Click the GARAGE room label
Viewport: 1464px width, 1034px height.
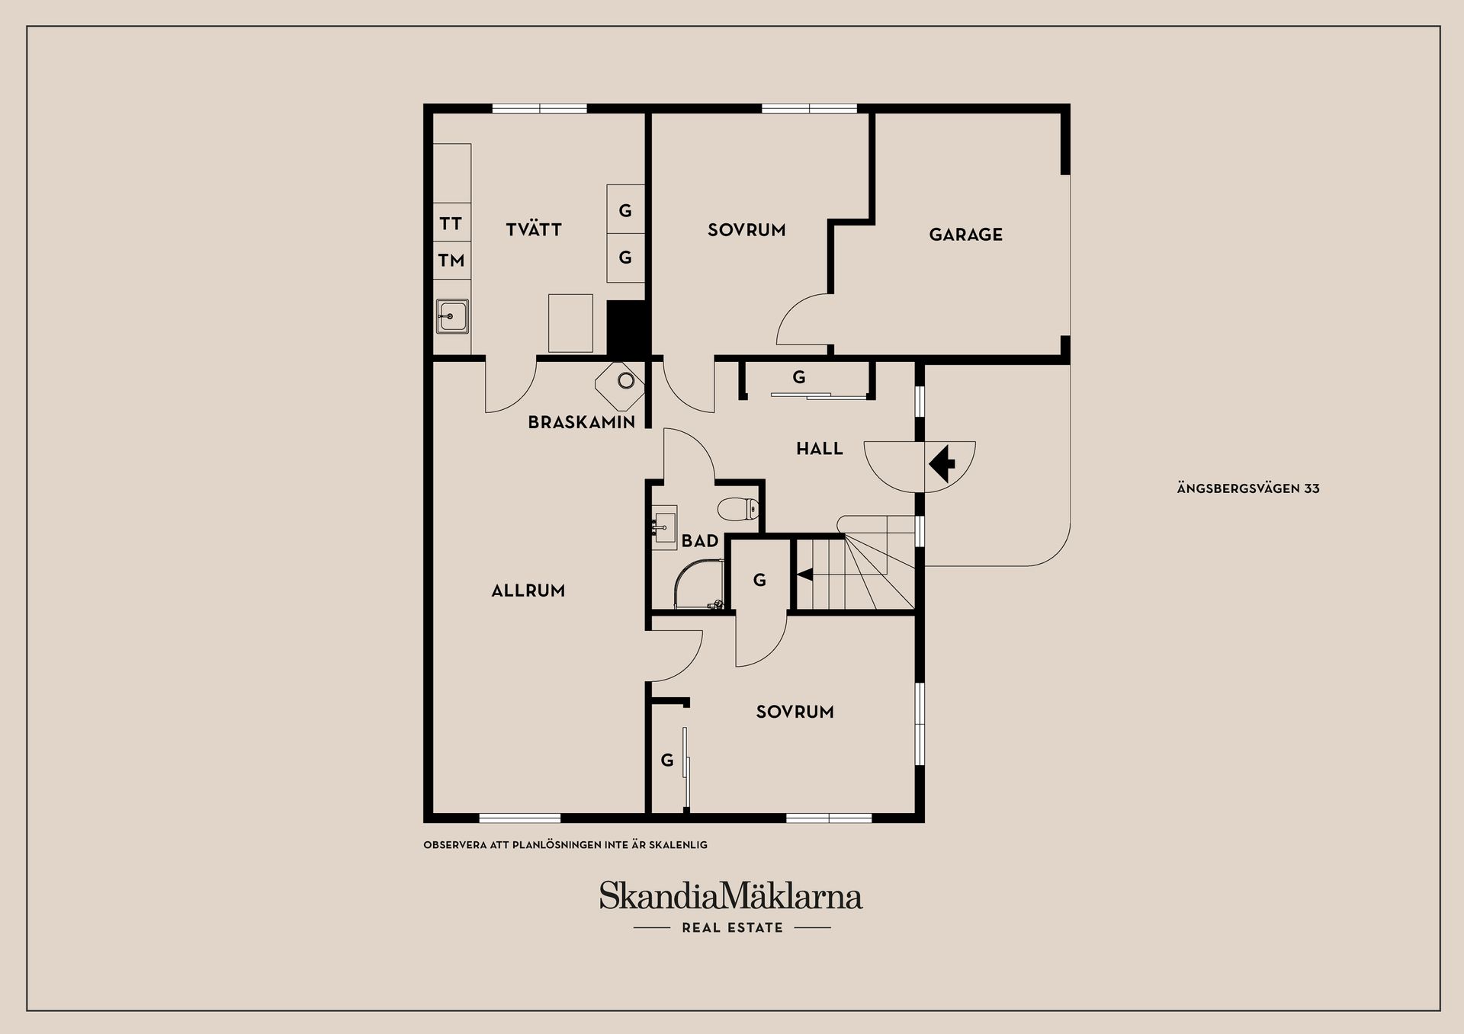tap(965, 235)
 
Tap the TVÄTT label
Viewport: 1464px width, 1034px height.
tap(534, 229)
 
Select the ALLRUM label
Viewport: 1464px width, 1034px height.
tap(528, 591)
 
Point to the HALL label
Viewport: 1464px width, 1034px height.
tap(820, 449)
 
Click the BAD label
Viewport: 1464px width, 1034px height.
tap(700, 541)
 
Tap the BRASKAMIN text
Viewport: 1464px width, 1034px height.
tap(582, 422)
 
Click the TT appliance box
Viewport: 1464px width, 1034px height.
tap(451, 223)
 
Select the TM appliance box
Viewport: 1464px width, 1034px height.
tap(451, 261)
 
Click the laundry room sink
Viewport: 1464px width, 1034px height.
tap(452, 315)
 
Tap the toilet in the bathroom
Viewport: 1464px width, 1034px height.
tap(739, 508)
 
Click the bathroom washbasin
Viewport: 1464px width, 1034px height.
tap(663, 527)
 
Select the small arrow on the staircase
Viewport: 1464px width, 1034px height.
tap(804, 575)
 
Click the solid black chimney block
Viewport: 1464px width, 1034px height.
tap(627, 328)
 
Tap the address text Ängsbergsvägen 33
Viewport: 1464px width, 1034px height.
tap(1248, 488)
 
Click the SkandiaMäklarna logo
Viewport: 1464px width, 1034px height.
tap(730, 895)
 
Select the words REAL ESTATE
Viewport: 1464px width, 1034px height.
tap(732, 927)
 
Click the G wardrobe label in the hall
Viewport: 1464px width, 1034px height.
tap(798, 376)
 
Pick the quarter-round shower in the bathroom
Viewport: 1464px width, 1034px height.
tap(695, 585)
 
